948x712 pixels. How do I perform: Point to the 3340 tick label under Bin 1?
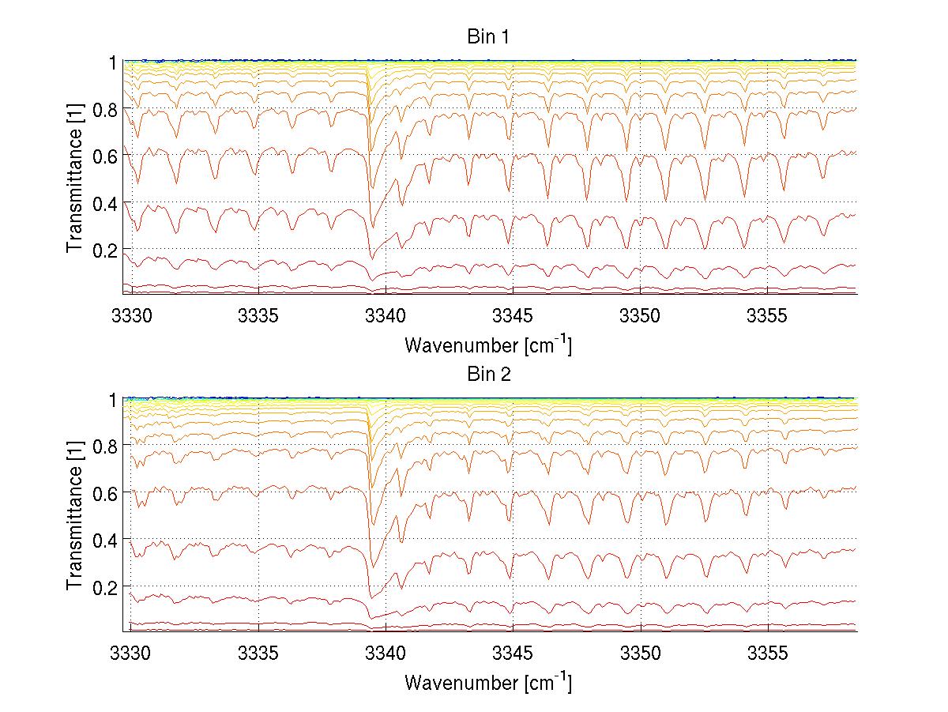tap(386, 318)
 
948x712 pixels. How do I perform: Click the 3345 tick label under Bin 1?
tap(513, 318)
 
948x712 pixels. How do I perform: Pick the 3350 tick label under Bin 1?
tap(640, 318)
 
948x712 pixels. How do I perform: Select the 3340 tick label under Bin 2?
tap(386, 655)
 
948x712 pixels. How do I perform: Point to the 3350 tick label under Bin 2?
tap(640, 655)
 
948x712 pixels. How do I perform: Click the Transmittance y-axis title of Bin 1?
tap(74, 179)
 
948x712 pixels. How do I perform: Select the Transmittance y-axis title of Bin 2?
tap(74, 516)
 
